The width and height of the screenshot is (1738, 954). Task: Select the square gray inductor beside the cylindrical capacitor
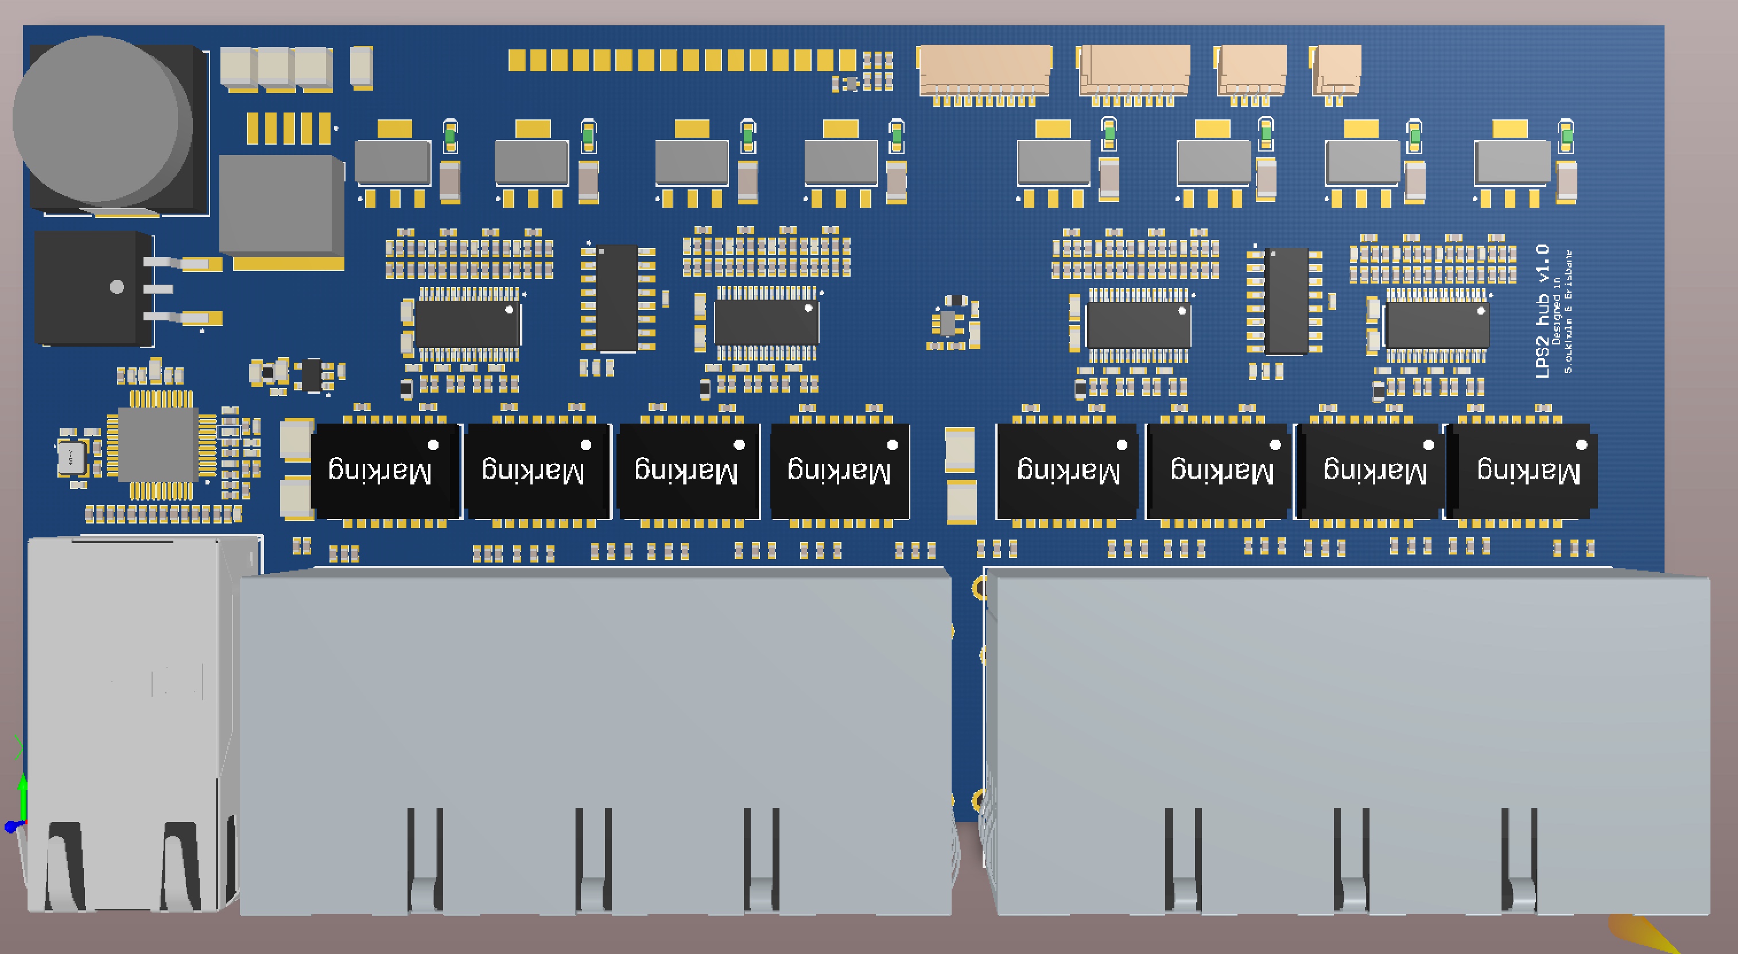click(x=280, y=205)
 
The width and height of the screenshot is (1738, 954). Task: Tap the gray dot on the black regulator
click(x=117, y=287)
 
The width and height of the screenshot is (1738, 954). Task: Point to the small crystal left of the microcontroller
click(x=70, y=458)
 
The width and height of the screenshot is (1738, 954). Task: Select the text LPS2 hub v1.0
click(x=1542, y=311)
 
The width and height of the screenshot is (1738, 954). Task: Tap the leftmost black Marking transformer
click(x=382, y=471)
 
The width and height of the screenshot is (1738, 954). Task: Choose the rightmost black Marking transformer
click(x=1526, y=471)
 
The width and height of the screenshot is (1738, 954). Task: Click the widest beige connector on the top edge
click(x=984, y=70)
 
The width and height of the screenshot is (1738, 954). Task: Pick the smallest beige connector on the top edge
click(x=1336, y=70)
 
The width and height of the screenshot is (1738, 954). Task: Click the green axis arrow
click(x=23, y=789)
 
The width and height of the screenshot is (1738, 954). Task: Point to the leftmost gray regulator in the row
click(x=393, y=162)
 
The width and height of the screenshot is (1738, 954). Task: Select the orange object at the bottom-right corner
click(x=1646, y=934)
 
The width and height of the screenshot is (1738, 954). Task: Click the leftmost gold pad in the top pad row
click(x=517, y=59)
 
